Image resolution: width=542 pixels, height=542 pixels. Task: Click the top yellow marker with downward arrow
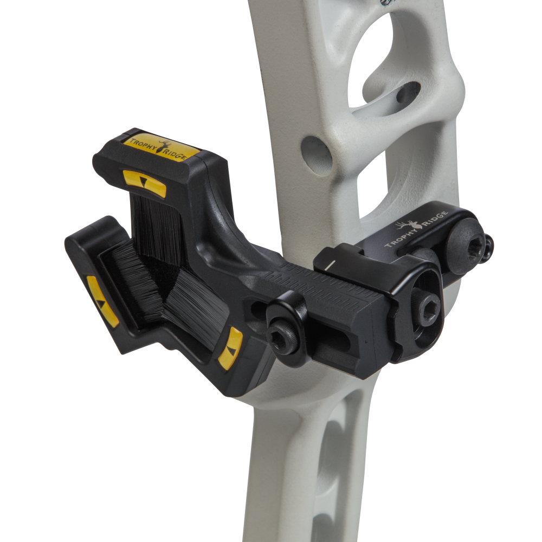coord(144,183)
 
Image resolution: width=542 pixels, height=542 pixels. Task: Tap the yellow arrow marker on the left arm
coord(102,301)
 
